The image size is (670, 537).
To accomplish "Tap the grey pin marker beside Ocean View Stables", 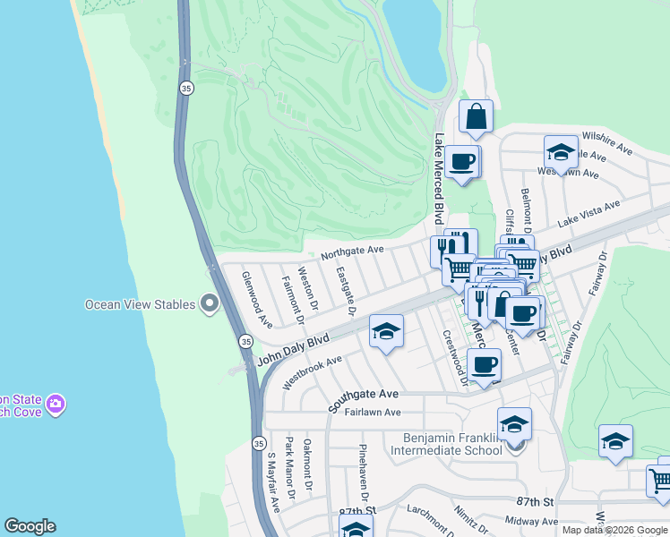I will (x=210, y=304).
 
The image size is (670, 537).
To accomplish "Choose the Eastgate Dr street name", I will (x=346, y=291).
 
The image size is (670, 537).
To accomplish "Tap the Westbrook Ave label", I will (x=313, y=372).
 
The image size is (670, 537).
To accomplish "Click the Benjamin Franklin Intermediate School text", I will (x=448, y=444).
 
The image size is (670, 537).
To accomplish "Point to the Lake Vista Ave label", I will (x=589, y=214).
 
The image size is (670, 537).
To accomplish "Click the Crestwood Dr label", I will (x=454, y=357).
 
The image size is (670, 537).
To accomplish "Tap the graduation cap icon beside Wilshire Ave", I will (x=561, y=151).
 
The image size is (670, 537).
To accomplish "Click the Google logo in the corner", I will (x=30, y=526).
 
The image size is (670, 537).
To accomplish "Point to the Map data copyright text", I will (x=614, y=530).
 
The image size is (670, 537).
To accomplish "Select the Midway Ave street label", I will (x=531, y=520).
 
